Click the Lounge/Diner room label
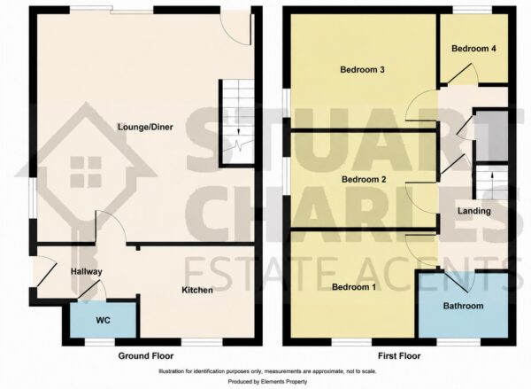pyautogui.click(x=145, y=128)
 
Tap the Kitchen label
pyautogui.click(x=197, y=291)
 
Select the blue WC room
pyautogui.click(x=103, y=320)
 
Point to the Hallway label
pyautogui.click(x=87, y=272)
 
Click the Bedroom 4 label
pyautogui.click(x=473, y=49)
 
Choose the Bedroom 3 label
pyautogui.click(x=362, y=70)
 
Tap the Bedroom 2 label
pyautogui.click(x=364, y=179)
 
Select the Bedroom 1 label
pyautogui.click(x=354, y=287)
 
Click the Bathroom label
pyautogui.click(x=463, y=306)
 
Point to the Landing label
pyautogui.click(x=474, y=211)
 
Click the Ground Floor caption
pyautogui.click(x=146, y=355)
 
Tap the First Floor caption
pyautogui.click(x=399, y=355)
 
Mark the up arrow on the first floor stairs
pyautogui.click(x=492, y=179)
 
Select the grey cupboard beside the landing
pyautogui.click(x=492, y=136)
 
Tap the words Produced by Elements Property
pyautogui.click(x=267, y=382)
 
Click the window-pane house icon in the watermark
pyautogui.click(x=86, y=172)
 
